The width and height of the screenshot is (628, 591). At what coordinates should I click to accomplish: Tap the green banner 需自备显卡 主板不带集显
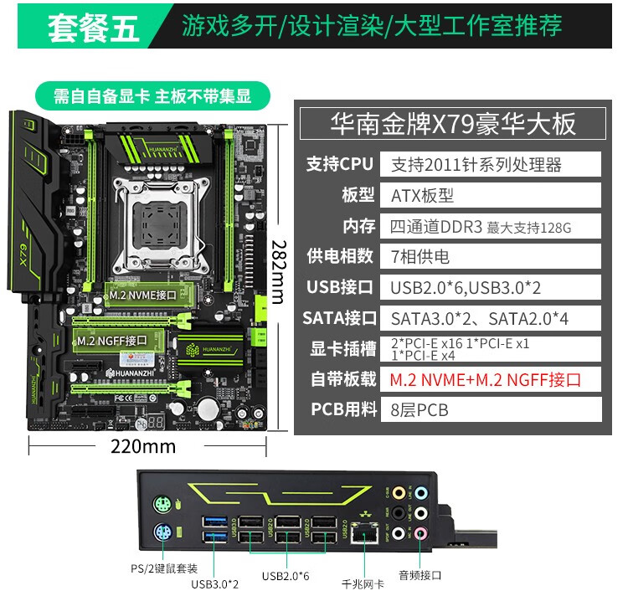coord(152,95)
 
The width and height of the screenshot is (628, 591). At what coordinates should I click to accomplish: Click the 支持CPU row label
coord(339,164)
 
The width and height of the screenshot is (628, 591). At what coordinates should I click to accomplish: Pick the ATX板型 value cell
coord(490,195)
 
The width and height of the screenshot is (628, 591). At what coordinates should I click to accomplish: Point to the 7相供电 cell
coord(490,256)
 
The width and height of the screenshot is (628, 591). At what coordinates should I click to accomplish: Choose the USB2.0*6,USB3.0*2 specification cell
coord(490,287)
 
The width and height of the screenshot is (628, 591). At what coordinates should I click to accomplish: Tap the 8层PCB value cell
coord(490,409)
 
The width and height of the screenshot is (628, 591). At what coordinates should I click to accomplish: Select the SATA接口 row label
coord(339,318)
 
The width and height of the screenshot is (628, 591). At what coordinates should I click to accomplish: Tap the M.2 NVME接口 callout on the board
coord(143,295)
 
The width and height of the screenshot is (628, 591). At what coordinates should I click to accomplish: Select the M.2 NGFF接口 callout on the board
coord(111,341)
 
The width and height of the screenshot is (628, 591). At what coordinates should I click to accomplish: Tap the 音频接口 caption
coord(420,575)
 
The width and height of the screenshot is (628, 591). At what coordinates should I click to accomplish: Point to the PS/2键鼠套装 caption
coord(166,568)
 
